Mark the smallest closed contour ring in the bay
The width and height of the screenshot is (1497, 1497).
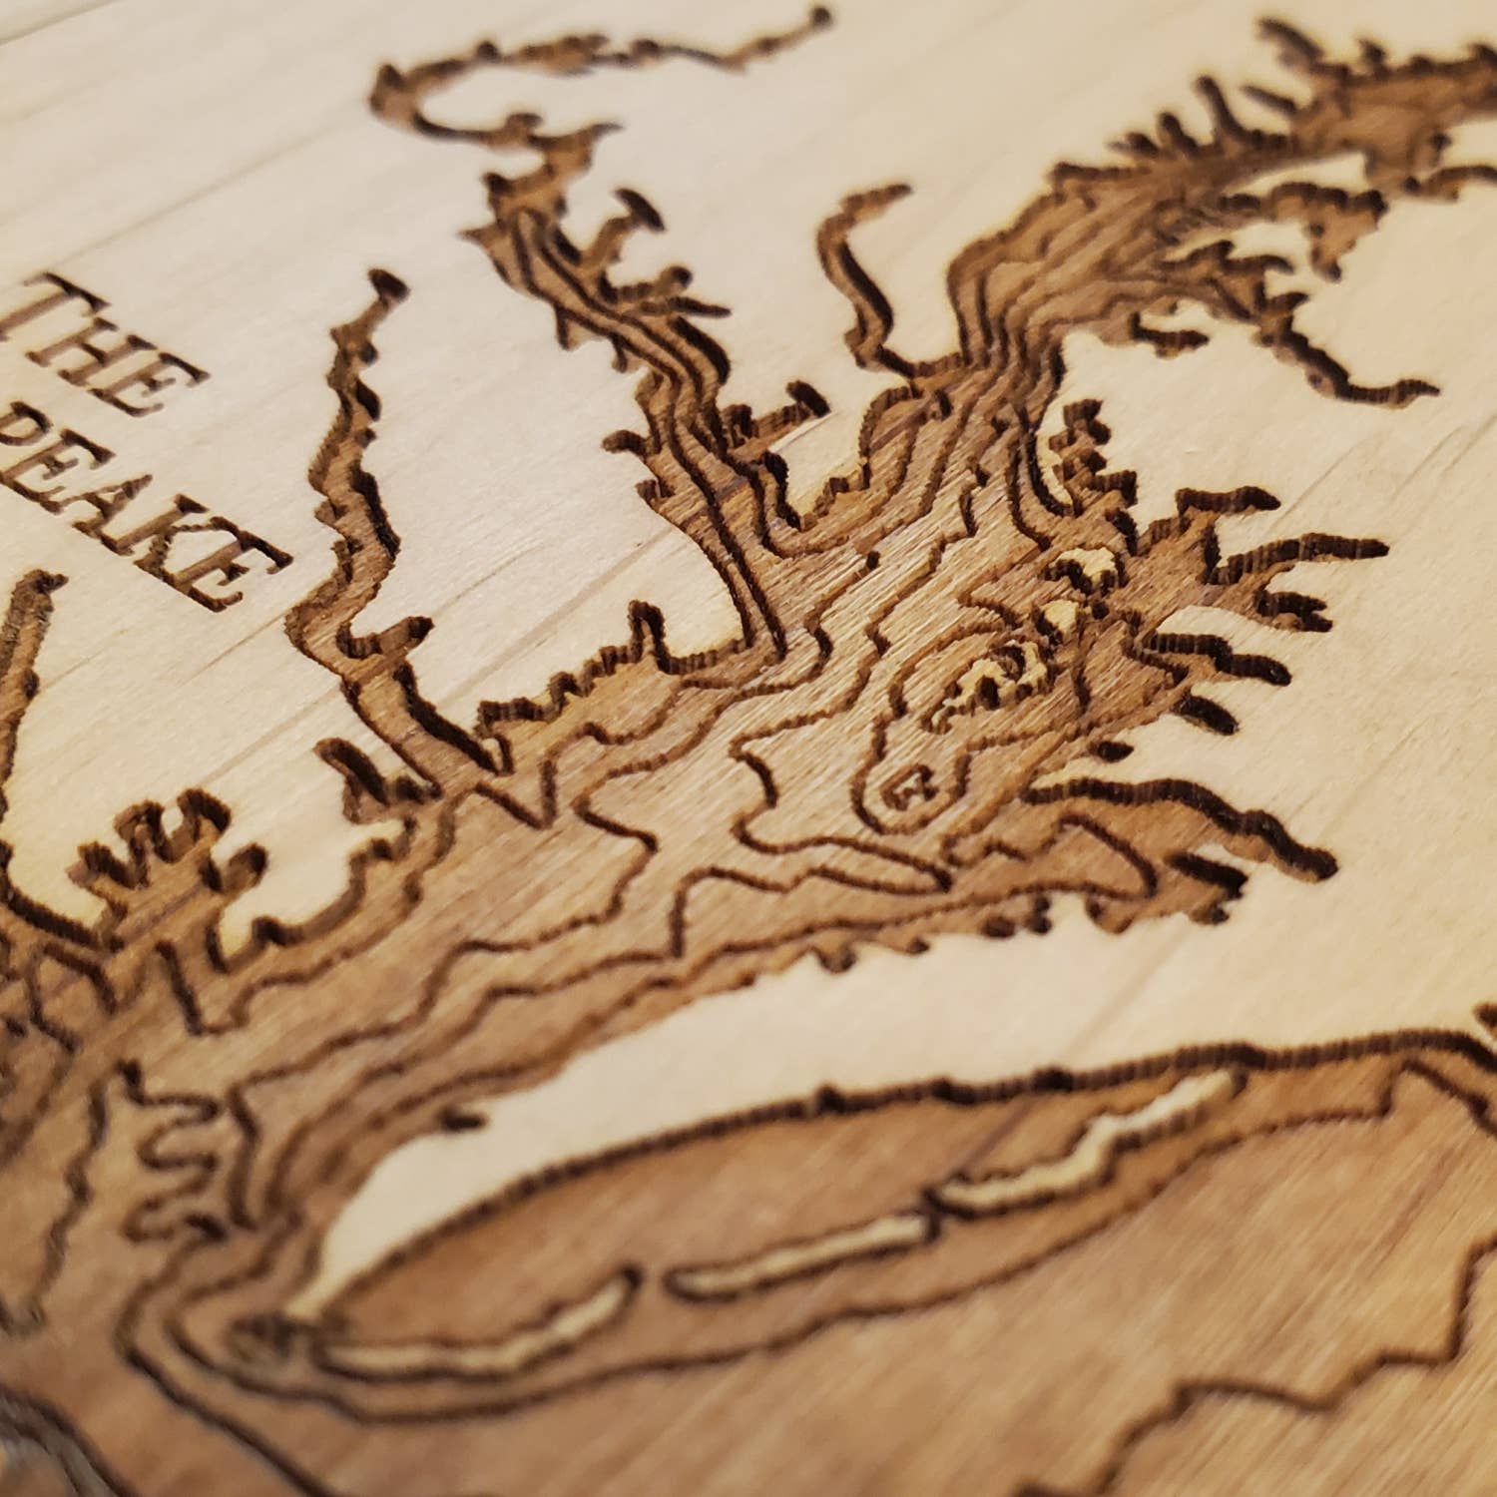(910, 787)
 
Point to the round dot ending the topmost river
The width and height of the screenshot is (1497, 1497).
(818, 17)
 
